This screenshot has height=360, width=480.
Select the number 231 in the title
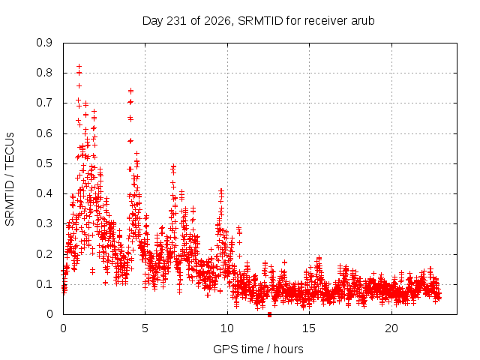[x=177, y=21]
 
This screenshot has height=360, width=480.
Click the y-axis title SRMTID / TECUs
[x=10, y=179]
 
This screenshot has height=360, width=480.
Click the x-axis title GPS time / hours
[x=258, y=349]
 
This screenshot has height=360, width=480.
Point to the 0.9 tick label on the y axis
[x=44, y=43]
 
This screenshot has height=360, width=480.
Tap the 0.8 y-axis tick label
[x=44, y=73]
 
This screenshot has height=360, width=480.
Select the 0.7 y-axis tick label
[x=44, y=103]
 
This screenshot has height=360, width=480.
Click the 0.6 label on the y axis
[x=44, y=133]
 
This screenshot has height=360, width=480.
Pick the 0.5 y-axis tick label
[x=44, y=163]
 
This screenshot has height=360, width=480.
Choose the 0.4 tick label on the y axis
[x=44, y=193]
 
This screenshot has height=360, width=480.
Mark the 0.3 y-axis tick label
[x=44, y=223]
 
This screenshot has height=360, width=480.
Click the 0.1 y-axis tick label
[x=44, y=284]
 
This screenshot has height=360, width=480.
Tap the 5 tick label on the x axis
[x=145, y=328]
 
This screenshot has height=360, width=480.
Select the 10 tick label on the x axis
[x=227, y=328]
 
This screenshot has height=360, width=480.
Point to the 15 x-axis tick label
[x=309, y=328]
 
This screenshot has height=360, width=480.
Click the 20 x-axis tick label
[x=391, y=328]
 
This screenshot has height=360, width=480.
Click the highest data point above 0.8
[x=79, y=66]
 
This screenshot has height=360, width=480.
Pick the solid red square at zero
[x=269, y=314]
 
